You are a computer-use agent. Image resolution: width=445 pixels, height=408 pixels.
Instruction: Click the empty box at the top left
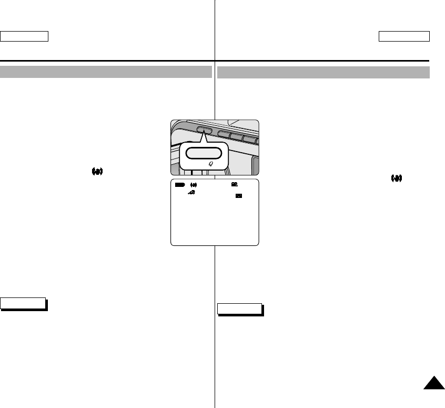click(24, 36)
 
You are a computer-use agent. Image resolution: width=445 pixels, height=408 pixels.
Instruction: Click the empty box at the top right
click(404, 36)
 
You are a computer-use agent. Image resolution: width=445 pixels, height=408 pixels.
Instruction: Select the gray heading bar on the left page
click(106, 72)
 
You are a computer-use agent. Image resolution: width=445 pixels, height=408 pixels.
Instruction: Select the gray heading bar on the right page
click(323, 72)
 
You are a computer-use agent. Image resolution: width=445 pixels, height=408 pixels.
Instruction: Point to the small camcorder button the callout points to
click(204, 130)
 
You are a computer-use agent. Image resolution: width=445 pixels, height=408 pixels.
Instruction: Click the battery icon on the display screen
click(180, 185)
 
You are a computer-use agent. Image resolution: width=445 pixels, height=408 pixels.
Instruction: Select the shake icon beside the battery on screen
click(193, 185)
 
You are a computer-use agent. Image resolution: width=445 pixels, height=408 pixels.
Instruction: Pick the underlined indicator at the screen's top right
click(234, 184)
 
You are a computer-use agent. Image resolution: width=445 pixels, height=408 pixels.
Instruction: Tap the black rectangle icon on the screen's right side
click(239, 196)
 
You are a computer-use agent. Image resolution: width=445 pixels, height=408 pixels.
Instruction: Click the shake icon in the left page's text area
click(97, 172)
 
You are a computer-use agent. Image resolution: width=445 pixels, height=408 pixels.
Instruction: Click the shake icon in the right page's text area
click(396, 178)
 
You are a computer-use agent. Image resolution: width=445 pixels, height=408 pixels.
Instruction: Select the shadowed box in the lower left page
click(23, 304)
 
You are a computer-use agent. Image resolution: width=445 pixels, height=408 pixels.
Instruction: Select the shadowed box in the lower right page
click(239, 309)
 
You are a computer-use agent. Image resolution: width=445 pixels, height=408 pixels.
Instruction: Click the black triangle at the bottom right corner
click(433, 385)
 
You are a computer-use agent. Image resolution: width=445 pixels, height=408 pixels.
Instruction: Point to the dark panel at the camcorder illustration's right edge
click(256, 165)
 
